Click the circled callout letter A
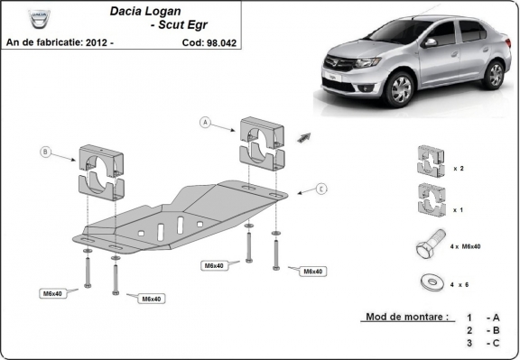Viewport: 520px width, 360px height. point(205,122)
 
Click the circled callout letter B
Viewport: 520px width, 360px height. point(45,152)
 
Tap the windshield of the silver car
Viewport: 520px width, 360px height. point(403,33)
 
